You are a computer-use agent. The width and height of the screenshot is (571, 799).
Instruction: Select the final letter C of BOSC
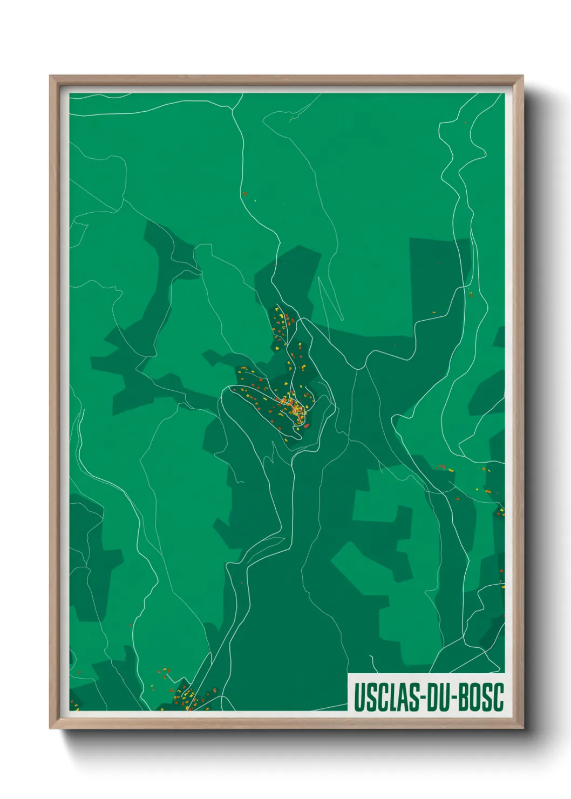click(x=499, y=698)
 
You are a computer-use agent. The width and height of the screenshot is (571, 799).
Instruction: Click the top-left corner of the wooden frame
click(x=50, y=76)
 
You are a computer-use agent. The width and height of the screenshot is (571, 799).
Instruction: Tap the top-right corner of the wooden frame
click(x=522, y=76)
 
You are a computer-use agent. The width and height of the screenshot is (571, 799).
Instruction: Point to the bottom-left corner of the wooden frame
click(x=50, y=728)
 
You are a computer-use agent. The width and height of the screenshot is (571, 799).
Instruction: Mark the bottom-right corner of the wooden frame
click(x=522, y=728)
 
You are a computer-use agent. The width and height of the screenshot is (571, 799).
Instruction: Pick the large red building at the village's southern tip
click(x=306, y=426)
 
